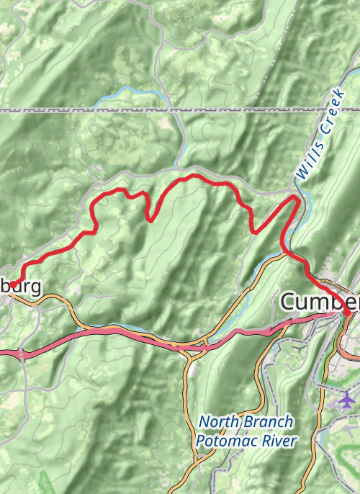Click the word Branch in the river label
[x=268, y=422]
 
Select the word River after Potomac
[x=279, y=441]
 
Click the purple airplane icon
[x=347, y=398]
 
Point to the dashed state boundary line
[x=180, y=109]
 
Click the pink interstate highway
[x=130, y=333]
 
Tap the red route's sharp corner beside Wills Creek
[x=296, y=197]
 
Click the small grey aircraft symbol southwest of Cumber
[x=300, y=349]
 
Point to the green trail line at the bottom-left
[x=45, y=481]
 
